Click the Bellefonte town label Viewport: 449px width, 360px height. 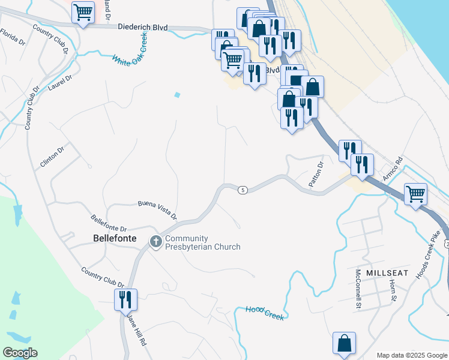(115, 238)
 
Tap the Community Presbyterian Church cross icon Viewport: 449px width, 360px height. (155, 242)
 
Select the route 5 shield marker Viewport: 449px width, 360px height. (243, 190)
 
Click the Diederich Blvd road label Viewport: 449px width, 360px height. (143, 28)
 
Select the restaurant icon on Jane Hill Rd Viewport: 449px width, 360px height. (126, 298)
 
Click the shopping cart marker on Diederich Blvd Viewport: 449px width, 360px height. (83, 12)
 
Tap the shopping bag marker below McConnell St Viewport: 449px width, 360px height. (345, 343)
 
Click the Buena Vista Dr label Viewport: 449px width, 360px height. (157, 209)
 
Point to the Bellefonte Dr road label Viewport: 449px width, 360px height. (109, 224)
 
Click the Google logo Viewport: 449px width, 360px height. (20, 353)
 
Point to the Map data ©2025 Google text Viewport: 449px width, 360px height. (411, 355)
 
